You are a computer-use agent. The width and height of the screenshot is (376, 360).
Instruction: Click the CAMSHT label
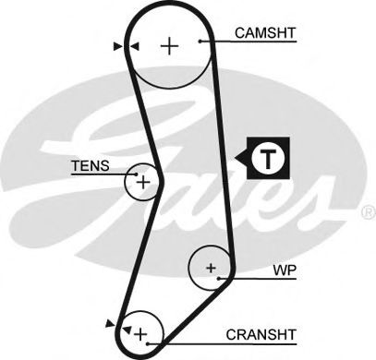(264, 32)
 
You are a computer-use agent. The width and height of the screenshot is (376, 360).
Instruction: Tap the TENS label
(90, 166)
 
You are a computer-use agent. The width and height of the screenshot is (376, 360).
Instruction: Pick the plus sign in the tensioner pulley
(142, 183)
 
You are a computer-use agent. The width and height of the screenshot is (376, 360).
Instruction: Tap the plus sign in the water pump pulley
(211, 270)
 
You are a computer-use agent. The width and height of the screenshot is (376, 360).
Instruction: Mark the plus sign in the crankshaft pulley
(140, 330)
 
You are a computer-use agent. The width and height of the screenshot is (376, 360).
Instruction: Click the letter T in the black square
(268, 158)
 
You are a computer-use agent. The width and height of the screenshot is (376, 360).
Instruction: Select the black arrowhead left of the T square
(243, 158)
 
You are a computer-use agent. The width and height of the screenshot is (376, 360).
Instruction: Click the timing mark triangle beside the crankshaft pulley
(113, 323)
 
